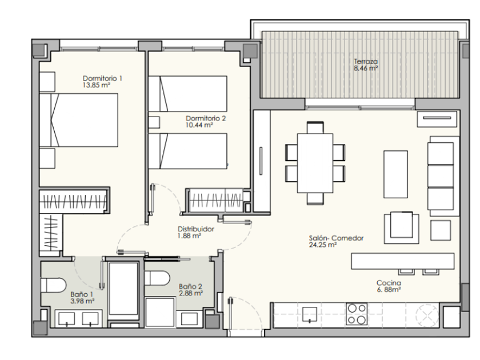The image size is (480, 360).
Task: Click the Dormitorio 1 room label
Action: (102, 78)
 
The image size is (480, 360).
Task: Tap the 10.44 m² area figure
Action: (199, 125)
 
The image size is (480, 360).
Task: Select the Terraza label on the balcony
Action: (366, 61)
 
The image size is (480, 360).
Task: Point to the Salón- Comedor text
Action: (336, 238)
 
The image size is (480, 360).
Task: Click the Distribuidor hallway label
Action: (196, 229)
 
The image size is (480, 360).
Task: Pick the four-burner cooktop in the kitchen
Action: (357, 314)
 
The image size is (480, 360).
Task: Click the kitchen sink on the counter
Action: (310, 314)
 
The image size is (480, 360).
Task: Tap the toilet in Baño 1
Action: (53, 285)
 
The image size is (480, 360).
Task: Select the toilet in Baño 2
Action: (157, 278)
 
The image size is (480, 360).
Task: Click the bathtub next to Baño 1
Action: (123, 289)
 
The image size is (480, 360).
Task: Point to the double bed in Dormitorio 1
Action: (79, 121)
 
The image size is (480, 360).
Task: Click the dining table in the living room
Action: (315, 163)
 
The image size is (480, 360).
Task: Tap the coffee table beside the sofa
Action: (395, 174)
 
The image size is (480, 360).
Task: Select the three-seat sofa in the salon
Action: (443, 177)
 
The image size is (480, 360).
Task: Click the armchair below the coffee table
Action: (402, 228)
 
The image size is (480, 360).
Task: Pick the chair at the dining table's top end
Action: (315, 127)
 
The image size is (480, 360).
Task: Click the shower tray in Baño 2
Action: (160, 312)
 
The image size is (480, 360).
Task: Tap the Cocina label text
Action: (389, 283)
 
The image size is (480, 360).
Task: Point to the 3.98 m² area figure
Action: (82, 301)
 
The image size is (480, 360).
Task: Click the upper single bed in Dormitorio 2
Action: (187, 94)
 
